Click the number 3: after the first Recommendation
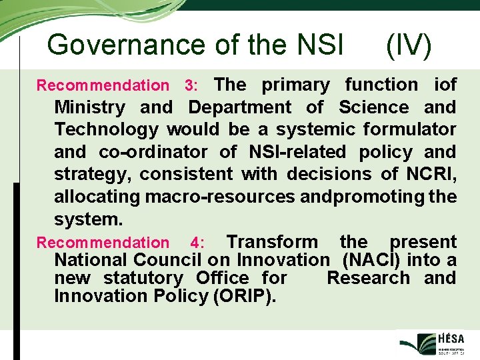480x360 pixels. (191, 85)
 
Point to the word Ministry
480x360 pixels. (89, 107)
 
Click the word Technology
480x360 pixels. (106, 129)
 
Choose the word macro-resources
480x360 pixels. (221, 197)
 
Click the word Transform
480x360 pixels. (272, 242)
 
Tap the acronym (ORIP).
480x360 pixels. (243, 296)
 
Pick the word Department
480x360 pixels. (240, 107)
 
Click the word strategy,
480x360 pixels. (95, 174)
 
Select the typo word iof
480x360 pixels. (445, 85)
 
